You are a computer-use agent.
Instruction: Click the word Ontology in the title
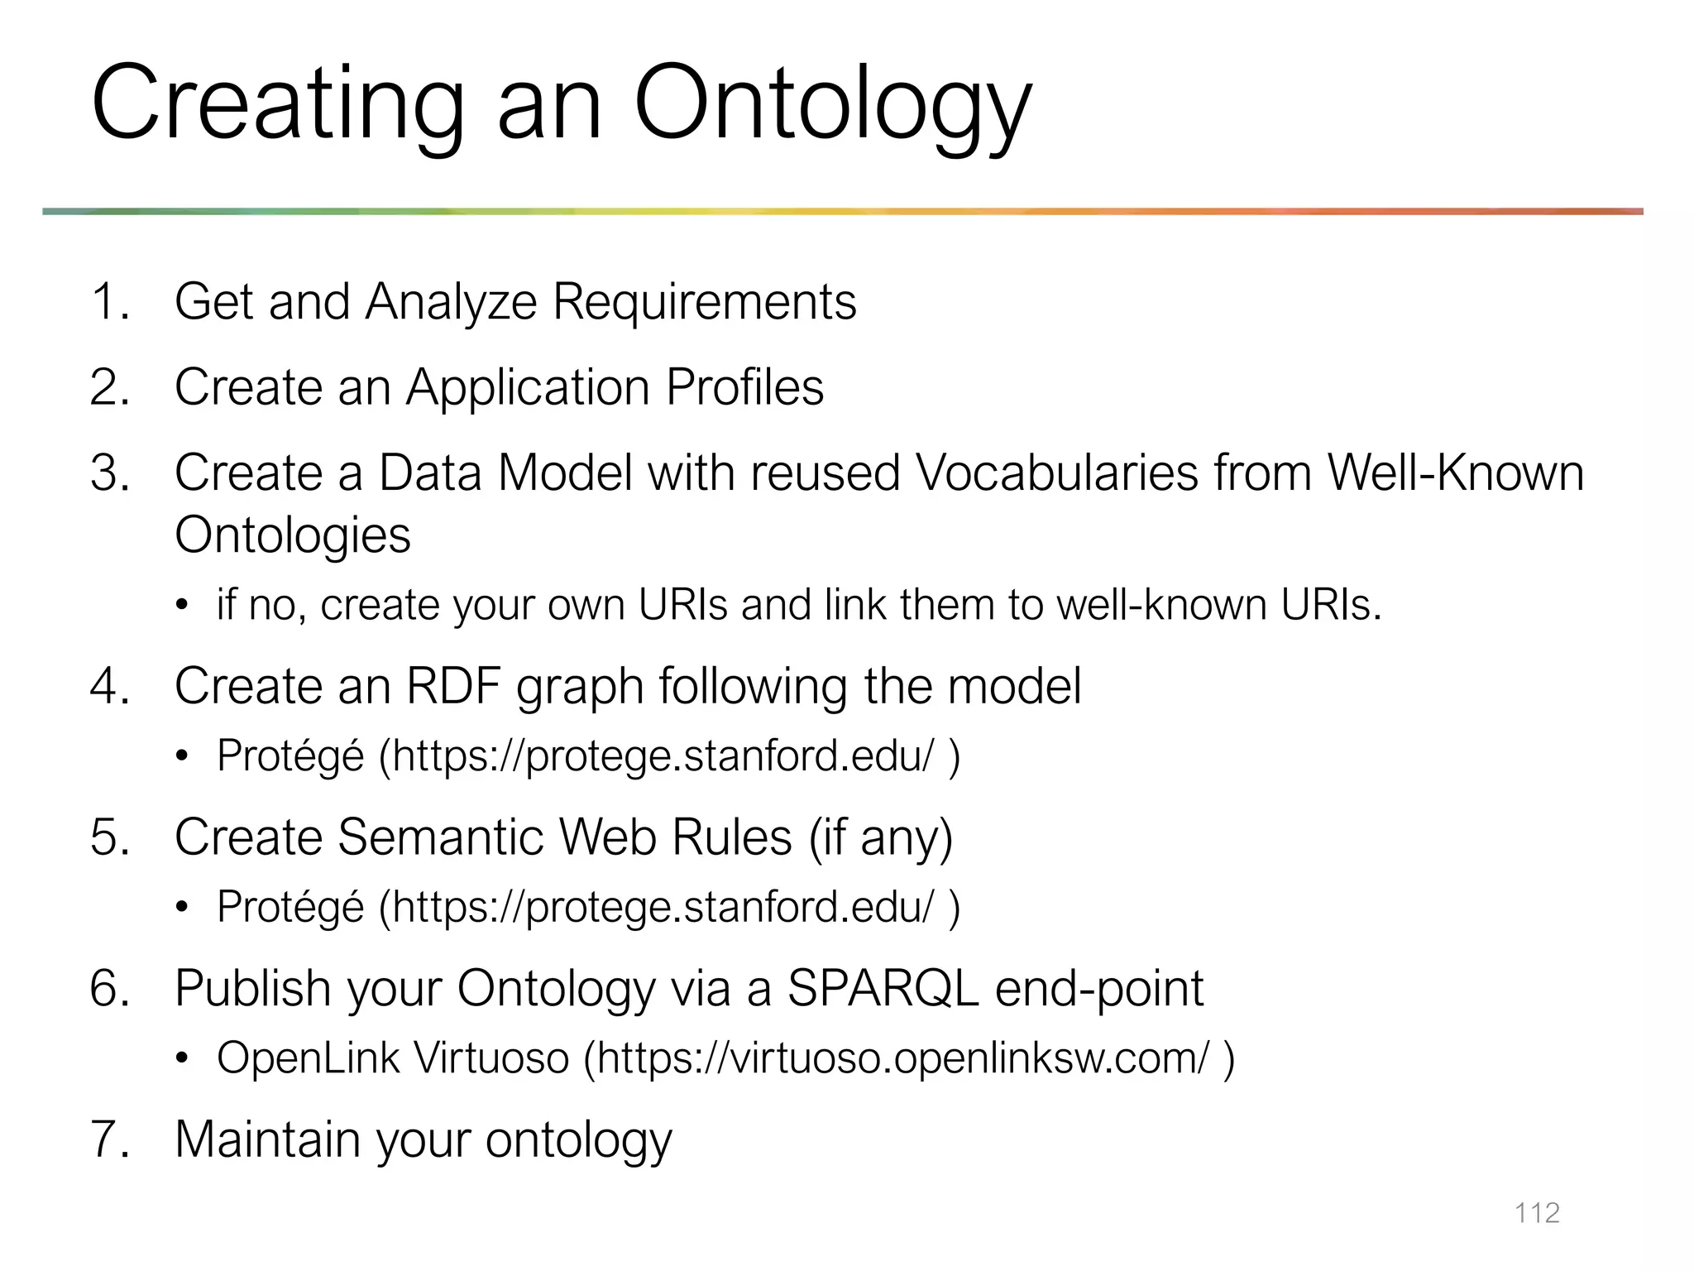point(832,106)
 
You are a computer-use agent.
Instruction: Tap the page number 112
point(1536,1213)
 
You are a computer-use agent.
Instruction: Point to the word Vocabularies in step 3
point(1057,473)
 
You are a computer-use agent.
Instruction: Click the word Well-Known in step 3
point(1455,473)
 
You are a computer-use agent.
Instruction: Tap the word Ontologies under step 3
point(293,535)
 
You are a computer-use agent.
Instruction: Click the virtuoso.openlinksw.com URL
point(902,1058)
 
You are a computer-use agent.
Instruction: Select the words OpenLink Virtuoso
point(393,1058)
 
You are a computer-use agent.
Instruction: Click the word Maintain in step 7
point(267,1139)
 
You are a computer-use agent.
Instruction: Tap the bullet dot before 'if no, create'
point(182,605)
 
